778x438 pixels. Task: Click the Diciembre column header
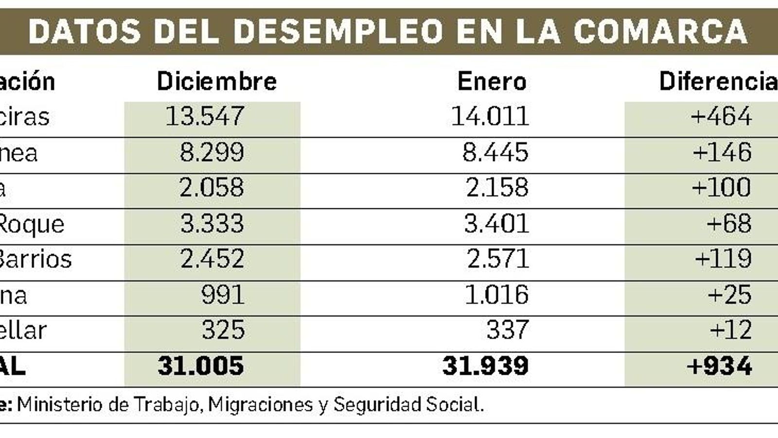[x=216, y=81]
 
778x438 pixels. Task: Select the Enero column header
[x=492, y=81]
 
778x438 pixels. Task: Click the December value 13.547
[x=205, y=116]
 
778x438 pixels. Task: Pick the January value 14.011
[x=490, y=116]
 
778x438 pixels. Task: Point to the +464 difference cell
[x=721, y=116]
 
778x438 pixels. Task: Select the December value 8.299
[x=212, y=152]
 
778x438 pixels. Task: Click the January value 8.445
[x=495, y=152]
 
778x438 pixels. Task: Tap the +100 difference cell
[x=722, y=188]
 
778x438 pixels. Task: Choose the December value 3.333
[x=212, y=223]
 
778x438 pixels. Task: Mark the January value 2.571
[x=497, y=259]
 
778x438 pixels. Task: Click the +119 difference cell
[x=723, y=259]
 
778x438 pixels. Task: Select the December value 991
[x=223, y=295]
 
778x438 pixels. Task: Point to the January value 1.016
[x=496, y=295]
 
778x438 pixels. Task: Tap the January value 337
[x=507, y=330]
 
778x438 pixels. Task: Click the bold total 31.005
[x=201, y=366]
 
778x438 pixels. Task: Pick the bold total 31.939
[x=485, y=366]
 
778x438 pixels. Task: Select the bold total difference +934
[x=720, y=366]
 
